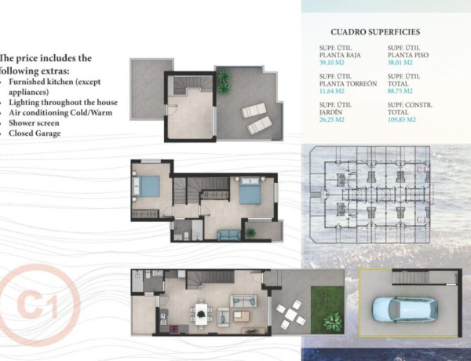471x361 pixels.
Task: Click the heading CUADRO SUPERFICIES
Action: click(x=375, y=32)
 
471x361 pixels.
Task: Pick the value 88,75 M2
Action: click(x=400, y=90)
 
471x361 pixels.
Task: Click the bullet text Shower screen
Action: click(x=36, y=122)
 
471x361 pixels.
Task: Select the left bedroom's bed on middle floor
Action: click(x=148, y=185)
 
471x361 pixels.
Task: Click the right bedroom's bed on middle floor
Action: click(x=251, y=191)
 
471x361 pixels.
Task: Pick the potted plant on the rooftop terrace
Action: click(x=224, y=78)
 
